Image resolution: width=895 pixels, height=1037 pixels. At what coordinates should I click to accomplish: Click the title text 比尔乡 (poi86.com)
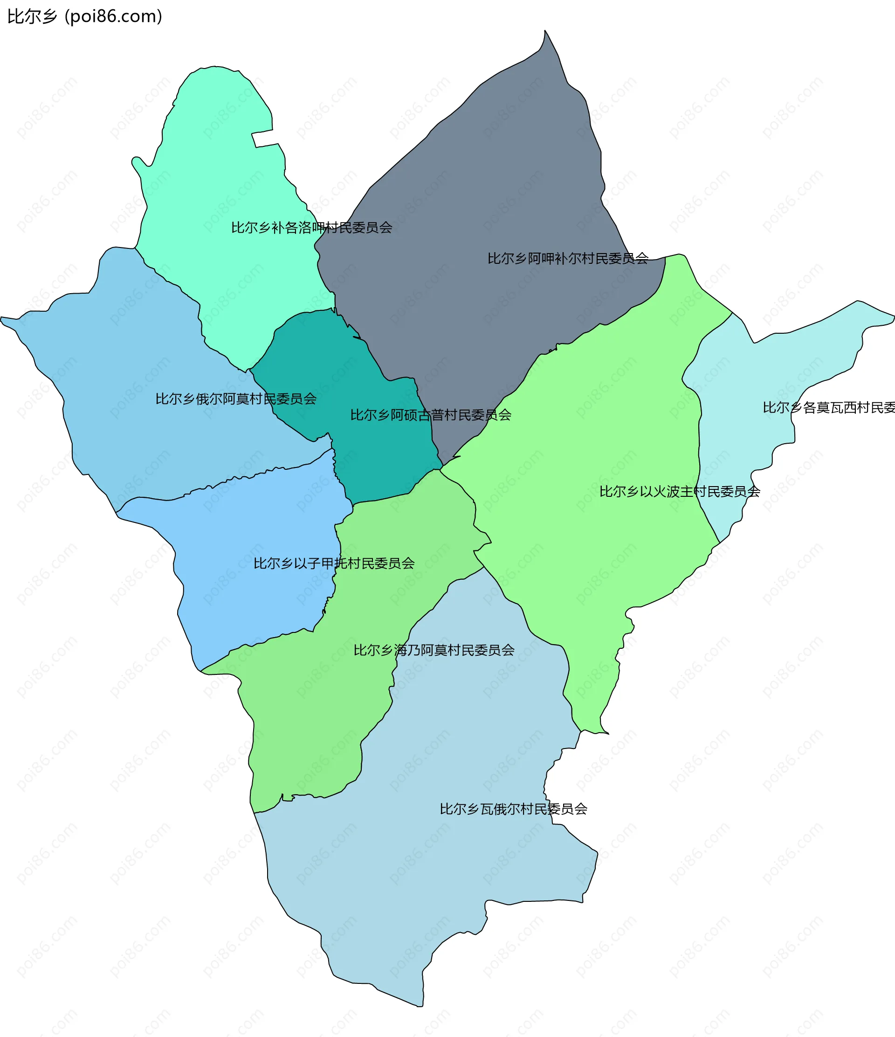tap(84, 16)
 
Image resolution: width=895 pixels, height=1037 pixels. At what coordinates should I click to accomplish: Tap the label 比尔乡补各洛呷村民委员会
tap(311, 228)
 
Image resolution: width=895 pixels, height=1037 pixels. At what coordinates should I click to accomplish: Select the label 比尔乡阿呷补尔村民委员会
tap(568, 259)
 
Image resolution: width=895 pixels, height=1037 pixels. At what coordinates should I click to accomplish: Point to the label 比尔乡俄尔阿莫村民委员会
tap(236, 399)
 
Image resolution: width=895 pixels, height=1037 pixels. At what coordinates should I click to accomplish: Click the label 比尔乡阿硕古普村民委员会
tap(430, 415)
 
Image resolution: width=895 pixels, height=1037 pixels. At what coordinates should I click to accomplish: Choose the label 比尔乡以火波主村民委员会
tap(680, 492)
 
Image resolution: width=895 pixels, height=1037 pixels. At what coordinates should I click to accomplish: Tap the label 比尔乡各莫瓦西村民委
tap(828, 407)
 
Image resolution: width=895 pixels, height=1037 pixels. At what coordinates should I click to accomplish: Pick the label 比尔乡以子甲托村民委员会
tap(334, 563)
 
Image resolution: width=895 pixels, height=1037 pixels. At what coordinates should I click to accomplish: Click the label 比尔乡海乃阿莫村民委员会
tap(434, 650)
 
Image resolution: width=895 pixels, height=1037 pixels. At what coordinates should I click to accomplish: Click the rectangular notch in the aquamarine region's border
tap(264, 140)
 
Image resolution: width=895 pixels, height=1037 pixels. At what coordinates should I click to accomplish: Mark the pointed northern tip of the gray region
tap(545, 32)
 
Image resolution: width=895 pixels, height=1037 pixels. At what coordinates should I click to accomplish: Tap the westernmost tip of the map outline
tap(1, 318)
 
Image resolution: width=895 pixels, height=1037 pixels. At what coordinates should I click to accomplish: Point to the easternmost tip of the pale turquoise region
tap(894, 316)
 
